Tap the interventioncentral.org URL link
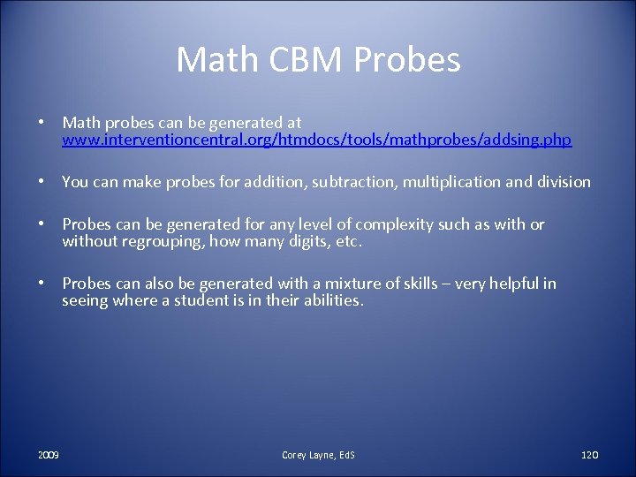pos(316,140)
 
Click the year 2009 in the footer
pos(49,455)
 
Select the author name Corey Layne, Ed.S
pos(318,455)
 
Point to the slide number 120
pos(590,455)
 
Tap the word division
pos(560,182)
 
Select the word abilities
pos(331,300)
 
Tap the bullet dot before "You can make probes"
pos(42,182)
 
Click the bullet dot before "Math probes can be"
pos(42,123)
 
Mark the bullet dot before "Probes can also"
pos(42,284)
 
